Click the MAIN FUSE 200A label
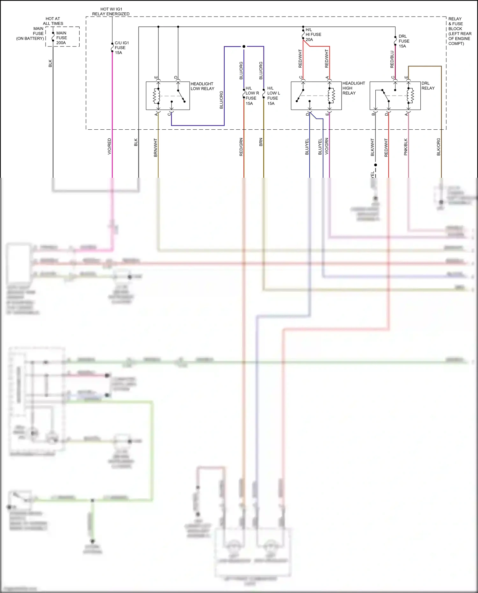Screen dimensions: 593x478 coord(61,38)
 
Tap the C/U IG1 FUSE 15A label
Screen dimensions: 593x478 coord(121,47)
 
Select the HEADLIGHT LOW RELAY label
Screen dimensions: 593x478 coord(202,86)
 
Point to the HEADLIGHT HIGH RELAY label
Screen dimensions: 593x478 coord(353,88)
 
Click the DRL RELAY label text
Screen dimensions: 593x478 coord(428,85)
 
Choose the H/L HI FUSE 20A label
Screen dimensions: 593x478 coord(313,34)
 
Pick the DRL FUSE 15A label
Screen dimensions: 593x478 coord(404,41)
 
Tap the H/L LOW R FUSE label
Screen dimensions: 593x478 coord(252,96)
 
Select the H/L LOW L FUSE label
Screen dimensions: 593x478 coord(273,96)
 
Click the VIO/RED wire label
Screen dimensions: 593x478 coord(109,146)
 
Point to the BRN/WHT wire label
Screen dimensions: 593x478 coord(156,147)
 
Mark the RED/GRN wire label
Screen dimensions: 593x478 coord(241,147)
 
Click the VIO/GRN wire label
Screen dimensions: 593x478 coord(326,146)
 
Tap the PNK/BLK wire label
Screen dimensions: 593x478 coord(406,147)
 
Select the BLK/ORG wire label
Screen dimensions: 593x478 coord(438,147)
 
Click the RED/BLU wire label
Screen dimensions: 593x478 coord(392,59)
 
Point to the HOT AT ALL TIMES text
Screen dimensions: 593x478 coord(53,21)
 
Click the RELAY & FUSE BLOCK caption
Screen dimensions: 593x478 coord(459,31)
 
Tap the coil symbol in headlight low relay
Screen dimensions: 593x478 coord(156,96)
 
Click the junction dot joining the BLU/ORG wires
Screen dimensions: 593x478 coord(244,47)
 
